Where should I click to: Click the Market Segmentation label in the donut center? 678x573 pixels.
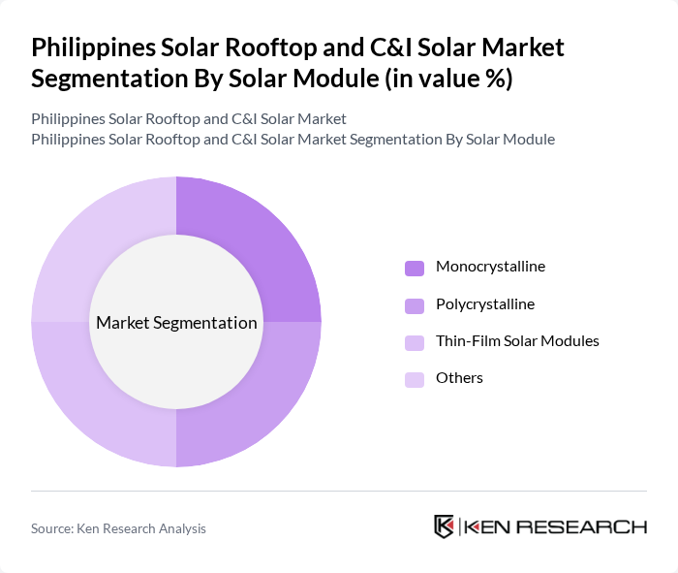(176, 323)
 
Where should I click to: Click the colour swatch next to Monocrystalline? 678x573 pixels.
(415, 268)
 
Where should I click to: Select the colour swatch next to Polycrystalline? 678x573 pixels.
(415, 305)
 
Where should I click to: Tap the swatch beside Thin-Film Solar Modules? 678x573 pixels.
(415, 342)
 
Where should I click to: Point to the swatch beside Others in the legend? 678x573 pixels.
(415, 379)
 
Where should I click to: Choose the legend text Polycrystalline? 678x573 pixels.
(484, 304)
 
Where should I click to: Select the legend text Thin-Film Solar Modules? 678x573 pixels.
(517, 341)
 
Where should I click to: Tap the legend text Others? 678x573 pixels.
(459, 378)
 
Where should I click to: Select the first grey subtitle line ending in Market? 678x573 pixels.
(189, 118)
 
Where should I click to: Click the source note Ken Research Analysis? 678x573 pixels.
(118, 528)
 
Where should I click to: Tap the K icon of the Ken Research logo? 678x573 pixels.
(444, 526)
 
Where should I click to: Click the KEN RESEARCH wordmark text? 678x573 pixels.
(555, 527)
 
